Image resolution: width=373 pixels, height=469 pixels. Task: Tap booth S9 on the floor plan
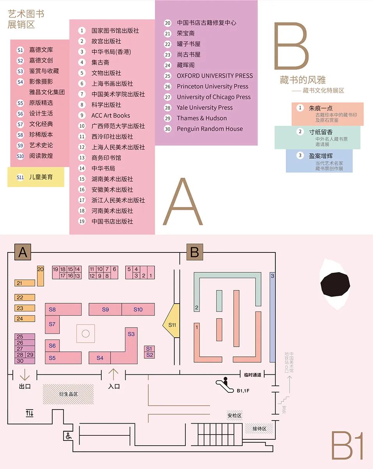(105, 310)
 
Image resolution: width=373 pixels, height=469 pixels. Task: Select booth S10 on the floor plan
(138, 310)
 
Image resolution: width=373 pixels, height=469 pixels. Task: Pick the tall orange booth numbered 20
(41, 276)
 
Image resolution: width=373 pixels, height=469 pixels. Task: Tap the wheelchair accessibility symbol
(68, 436)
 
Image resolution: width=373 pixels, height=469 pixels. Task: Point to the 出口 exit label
(25, 387)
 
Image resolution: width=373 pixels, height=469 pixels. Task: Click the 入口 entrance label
(114, 387)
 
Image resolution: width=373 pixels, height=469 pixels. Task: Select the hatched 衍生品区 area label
(68, 394)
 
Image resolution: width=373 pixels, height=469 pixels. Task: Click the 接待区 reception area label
(259, 428)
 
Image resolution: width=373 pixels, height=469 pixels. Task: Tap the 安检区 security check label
(235, 415)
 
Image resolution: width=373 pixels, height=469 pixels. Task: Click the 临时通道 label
(252, 375)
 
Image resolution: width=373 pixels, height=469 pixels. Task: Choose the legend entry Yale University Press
(204, 107)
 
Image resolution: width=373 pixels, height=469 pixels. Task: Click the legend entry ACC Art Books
(111, 115)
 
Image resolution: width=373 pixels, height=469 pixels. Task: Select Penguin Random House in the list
(210, 129)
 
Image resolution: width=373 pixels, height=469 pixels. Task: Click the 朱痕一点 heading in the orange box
(321, 108)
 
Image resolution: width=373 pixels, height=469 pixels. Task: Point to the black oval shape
(335, 284)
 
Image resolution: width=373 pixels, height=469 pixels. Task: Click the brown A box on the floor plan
(23, 252)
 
